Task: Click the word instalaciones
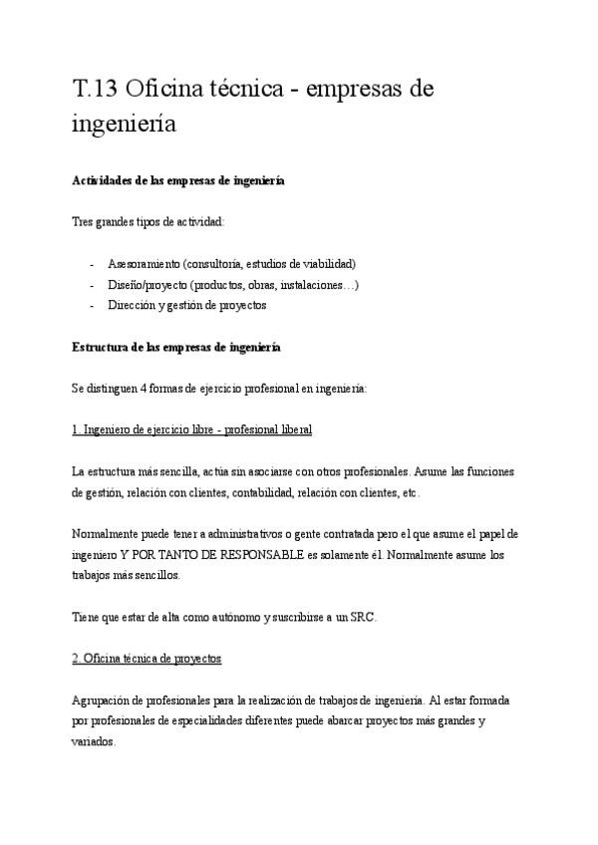coord(310,284)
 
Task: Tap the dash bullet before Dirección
coord(93,305)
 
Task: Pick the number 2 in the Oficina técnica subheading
coord(77,659)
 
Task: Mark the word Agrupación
coord(103,701)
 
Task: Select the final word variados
coord(95,742)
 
